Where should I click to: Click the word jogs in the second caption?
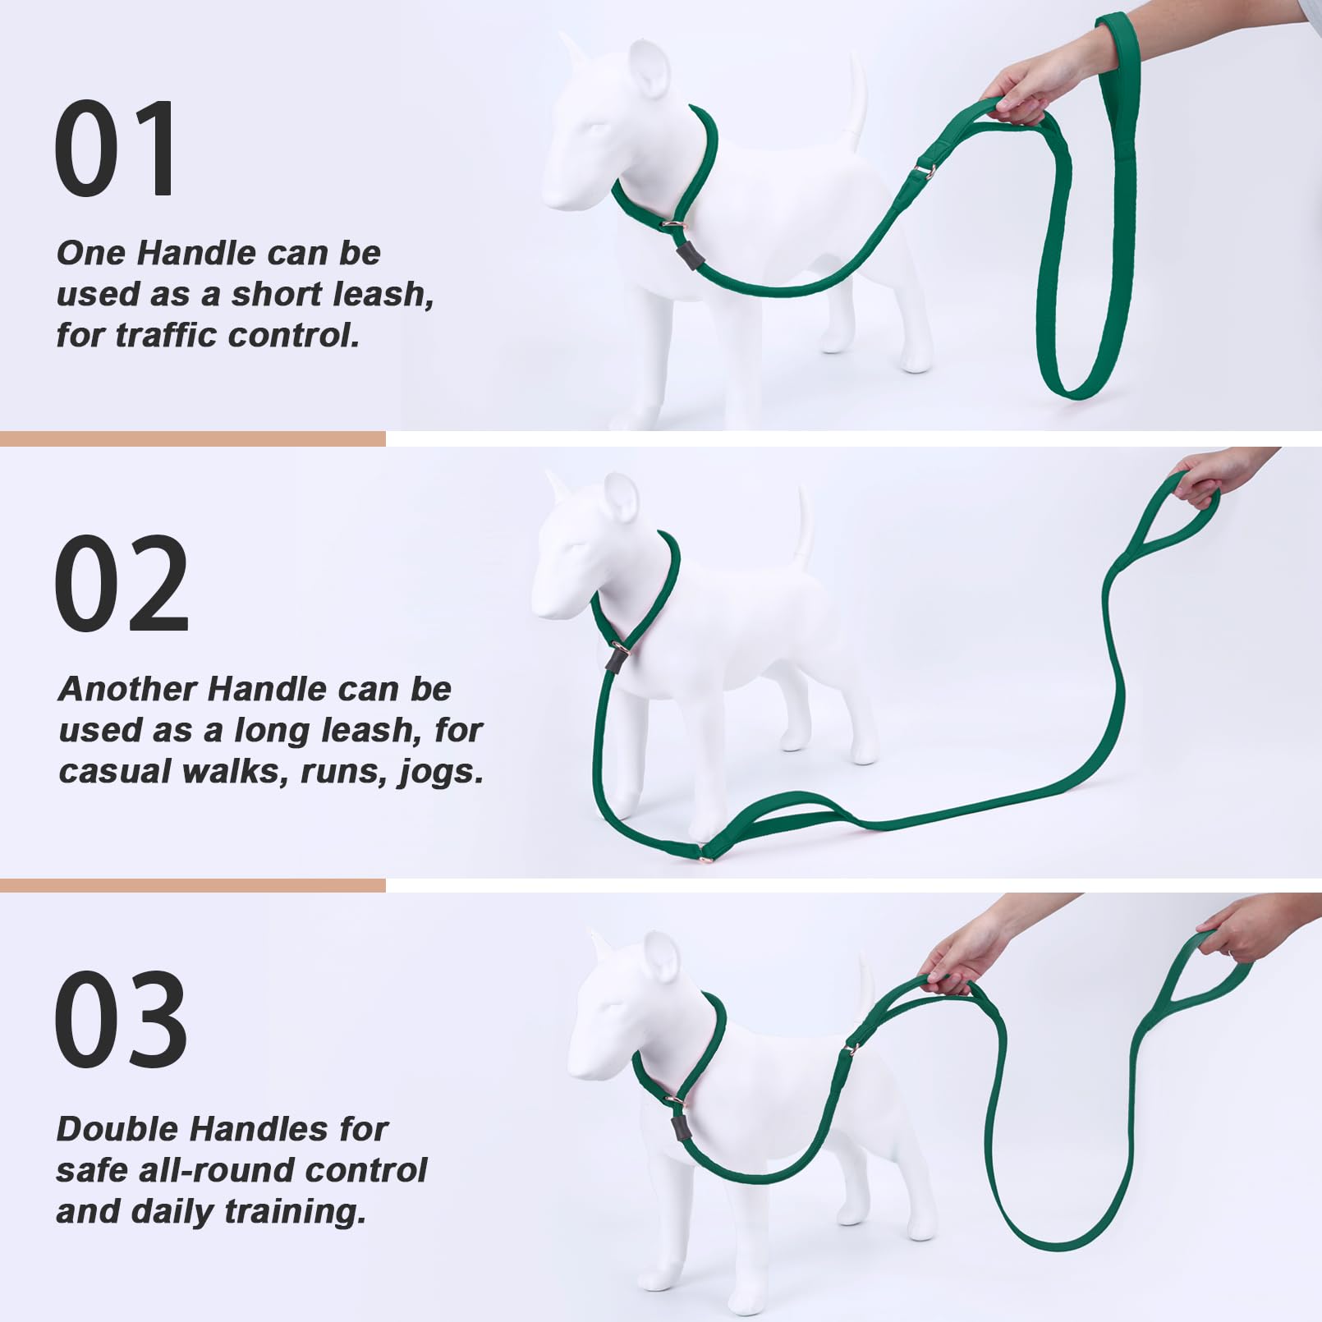pyautogui.click(x=441, y=771)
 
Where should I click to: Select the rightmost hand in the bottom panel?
pyautogui.click(x=1240, y=932)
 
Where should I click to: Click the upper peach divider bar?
pyautogui.click(x=192, y=438)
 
